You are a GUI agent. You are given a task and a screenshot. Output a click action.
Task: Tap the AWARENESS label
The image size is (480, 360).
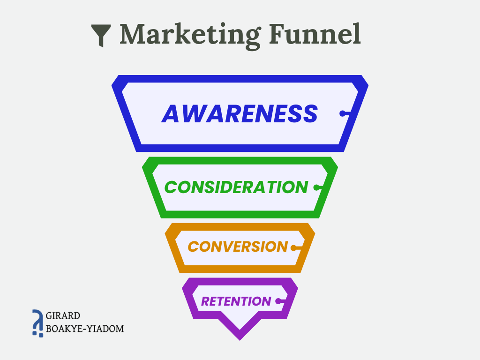pos(240,113)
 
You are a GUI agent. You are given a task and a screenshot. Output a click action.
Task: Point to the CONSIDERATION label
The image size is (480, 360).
pos(236,187)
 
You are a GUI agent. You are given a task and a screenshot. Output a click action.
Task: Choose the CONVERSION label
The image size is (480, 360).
pos(238,247)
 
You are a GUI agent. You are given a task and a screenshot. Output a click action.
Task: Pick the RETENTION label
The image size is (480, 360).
pos(236,301)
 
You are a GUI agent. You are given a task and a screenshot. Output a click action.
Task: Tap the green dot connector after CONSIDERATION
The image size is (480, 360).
pos(316,187)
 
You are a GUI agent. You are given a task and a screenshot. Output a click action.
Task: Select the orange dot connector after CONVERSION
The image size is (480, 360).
pos(294,247)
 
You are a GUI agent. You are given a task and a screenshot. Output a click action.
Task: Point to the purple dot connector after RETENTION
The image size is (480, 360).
pos(278,301)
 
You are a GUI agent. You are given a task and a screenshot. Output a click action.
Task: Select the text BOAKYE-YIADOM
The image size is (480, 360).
pos(85,328)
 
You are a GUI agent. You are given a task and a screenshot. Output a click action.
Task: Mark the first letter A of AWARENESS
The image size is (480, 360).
pos(171,113)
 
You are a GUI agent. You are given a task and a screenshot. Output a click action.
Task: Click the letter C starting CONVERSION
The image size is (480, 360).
pos(193,247)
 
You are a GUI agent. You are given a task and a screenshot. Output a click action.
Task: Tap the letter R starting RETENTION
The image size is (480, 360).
pos(205,301)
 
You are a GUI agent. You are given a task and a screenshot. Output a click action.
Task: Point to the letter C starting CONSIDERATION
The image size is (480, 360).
pos(171,187)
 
